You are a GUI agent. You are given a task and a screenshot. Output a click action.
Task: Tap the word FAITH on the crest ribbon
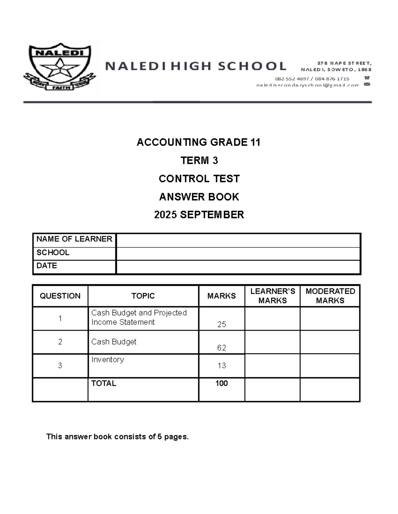pos(61,88)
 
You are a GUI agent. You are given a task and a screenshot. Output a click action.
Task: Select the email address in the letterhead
pos(307,85)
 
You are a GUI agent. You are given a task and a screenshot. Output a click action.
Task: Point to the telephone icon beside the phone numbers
pos(367,78)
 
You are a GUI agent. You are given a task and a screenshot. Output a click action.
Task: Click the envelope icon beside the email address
pos(367,85)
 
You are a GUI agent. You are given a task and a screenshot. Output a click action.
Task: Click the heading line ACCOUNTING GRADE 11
pos(199,142)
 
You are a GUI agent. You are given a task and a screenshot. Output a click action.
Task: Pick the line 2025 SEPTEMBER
pos(199,215)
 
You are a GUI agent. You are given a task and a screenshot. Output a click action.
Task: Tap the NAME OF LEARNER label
pos(74,239)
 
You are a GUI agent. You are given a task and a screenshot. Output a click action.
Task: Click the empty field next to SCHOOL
pos(238,254)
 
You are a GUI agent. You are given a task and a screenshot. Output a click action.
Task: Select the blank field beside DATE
pos(238,267)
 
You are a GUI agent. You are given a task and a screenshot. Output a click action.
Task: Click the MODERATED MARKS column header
pos(330,296)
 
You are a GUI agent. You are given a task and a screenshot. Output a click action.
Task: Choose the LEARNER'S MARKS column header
pos(273,296)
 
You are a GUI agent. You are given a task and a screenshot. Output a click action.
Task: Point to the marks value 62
pos(222,348)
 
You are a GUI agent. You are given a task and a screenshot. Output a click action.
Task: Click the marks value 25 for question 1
pos(222,324)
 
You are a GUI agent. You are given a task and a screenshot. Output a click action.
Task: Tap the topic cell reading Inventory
pos(107,359)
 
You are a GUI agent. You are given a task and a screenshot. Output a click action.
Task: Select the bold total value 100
pos(222,383)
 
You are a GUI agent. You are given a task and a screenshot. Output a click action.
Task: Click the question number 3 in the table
pos(60,365)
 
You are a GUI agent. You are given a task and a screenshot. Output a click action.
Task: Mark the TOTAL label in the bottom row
pos(103,383)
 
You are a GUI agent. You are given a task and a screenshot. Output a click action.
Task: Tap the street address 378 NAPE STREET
pos(344,63)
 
